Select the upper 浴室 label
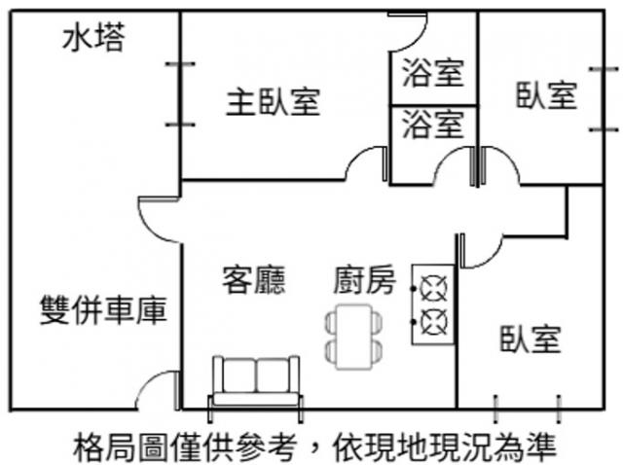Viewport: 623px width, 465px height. pyautogui.click(x=432, y=72)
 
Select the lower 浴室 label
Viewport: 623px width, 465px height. pyautogui.click(x=432, y=125)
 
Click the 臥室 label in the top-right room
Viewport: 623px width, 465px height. pyautogui.click(x=546, y=95)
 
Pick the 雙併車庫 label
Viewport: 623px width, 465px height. pyautogui.click(x=102, y=310)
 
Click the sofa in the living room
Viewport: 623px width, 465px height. pyautogui.click(x=257, y=381)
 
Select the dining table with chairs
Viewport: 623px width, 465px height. pyautogui.click(x=351, y=336)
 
